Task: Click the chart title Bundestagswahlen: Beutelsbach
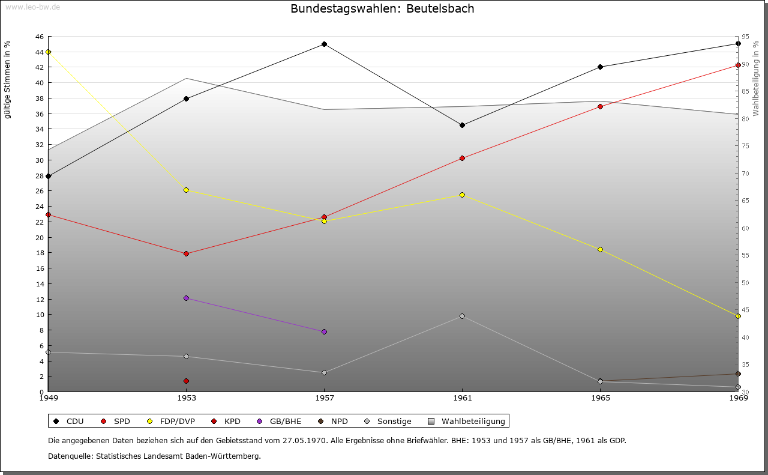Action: (x=382, y=8)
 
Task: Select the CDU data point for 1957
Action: (x=324, y=44)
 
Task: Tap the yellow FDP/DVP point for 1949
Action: (x=48, y=52)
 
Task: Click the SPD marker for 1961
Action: (x=462, y=158)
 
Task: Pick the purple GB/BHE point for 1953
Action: (x=186, y=298)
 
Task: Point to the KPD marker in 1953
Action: (x=186, y=381)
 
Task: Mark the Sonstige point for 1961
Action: (x=462, y=316)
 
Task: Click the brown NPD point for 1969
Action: (x=738, y=374)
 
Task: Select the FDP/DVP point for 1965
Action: (x=600, y=249)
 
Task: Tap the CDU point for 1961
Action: (x=462, y=125)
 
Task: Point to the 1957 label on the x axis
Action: (x=324, y=398)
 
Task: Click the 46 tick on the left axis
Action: (x=39, y=37)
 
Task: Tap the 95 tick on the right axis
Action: (x=745, y=37)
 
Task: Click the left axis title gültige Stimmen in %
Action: (x=8, y=80)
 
